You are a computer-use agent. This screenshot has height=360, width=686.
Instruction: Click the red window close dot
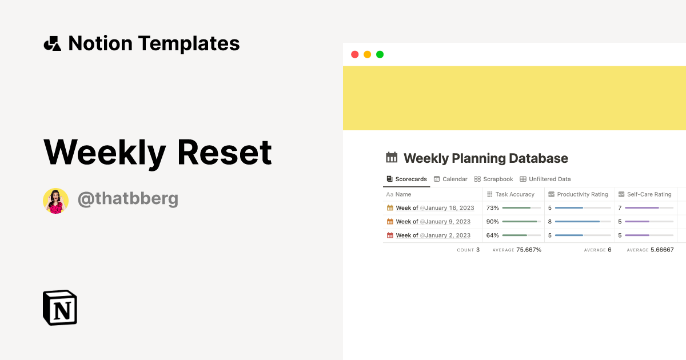click(354, 54)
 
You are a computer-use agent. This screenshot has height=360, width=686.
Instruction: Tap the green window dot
click(380, 54)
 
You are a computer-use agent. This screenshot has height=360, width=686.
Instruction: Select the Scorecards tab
click(406, 179)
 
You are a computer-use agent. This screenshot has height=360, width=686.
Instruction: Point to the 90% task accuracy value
click(492, 222)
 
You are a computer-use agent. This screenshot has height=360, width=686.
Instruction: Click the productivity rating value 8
click(550, 222)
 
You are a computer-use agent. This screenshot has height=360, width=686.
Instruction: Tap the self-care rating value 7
click(620, 208)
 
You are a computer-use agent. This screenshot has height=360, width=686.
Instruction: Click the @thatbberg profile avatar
click(55, 201)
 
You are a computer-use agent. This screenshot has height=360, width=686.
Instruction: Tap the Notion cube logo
click(60, 308)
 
